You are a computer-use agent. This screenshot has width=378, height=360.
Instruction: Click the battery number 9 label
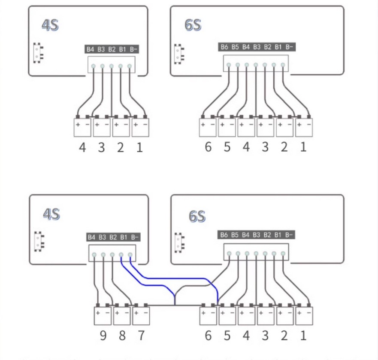click(103, 335)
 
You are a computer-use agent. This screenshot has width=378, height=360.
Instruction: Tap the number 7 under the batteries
click(141, 335)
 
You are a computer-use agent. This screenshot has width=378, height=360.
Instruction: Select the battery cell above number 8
click(121, 316)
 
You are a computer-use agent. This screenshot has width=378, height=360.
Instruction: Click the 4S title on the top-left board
click(50, 25)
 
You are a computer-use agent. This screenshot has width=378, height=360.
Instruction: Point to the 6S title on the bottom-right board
click(197, 216)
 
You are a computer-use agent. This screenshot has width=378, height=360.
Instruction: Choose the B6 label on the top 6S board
click(224, 47)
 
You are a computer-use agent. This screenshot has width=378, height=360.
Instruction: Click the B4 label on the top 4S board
click(90, 49)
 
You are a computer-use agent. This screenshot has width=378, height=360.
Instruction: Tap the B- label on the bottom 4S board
click(135, 237)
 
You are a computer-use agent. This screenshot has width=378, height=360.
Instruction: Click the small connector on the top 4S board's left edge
click(38, 52)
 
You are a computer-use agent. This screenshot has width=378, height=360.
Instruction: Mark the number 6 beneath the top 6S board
click(208, 147)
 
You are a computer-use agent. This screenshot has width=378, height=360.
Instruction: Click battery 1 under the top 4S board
click(140, 128)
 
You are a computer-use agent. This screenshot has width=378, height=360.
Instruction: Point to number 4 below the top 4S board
click(82, 147)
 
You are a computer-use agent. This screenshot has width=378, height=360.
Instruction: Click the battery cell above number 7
click(141, 316)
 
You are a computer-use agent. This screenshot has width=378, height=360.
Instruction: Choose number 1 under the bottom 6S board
click(303, 335)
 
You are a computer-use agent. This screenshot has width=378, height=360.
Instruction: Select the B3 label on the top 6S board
click(257, 47)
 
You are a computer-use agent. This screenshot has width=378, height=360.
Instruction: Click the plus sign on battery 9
click(98, 312)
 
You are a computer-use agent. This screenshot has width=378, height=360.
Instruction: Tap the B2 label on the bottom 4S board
click(113, 237)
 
